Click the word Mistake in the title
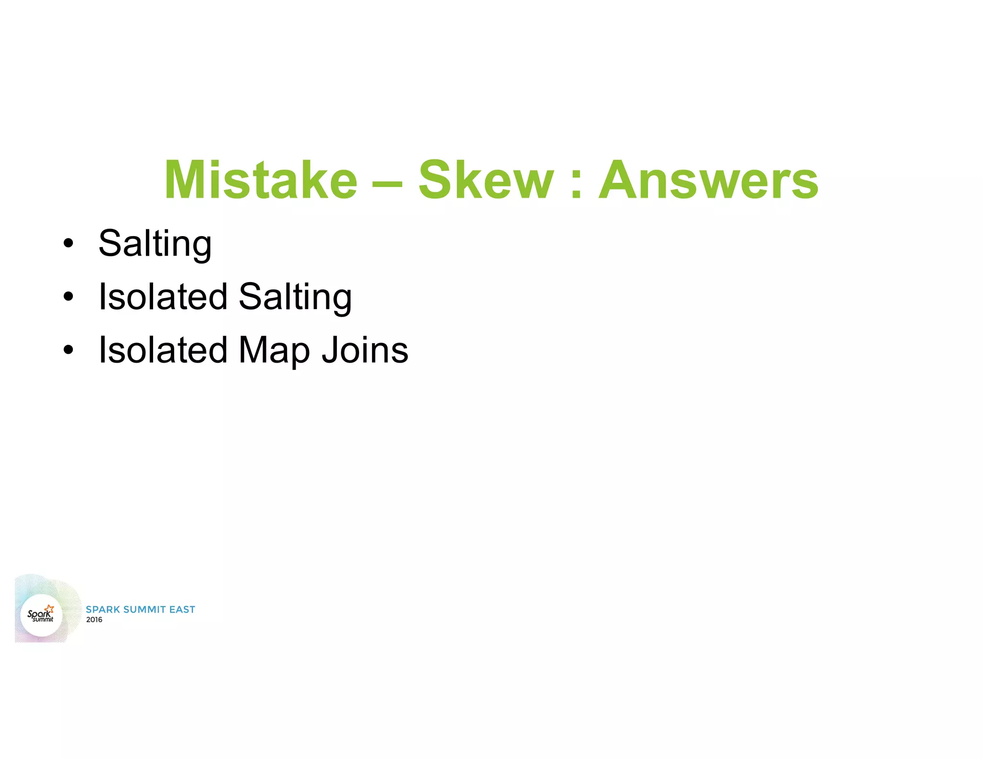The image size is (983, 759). coord(261,180)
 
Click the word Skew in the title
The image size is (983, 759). coord(486,180)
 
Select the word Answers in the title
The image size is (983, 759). coord(708,180)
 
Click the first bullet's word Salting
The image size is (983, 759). coord(155,244)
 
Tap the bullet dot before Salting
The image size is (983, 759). coord(69,244)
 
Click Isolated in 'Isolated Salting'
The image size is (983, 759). coord(163,297)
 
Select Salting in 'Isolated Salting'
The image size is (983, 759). coord(295,297)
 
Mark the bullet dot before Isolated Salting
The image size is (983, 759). coord(69,297)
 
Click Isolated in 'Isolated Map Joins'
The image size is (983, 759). coord(163,350)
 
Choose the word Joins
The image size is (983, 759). coord(365,350)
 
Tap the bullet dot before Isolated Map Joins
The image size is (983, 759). coord(69,350)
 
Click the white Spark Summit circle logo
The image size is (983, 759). coord(41,615)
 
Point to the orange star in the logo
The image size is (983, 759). coord(50,609)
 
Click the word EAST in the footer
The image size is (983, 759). coord(182,609)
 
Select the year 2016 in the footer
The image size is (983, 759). coord(94,620)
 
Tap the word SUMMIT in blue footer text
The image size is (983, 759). coord(144,609)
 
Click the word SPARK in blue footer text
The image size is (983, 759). coord(103,609)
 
